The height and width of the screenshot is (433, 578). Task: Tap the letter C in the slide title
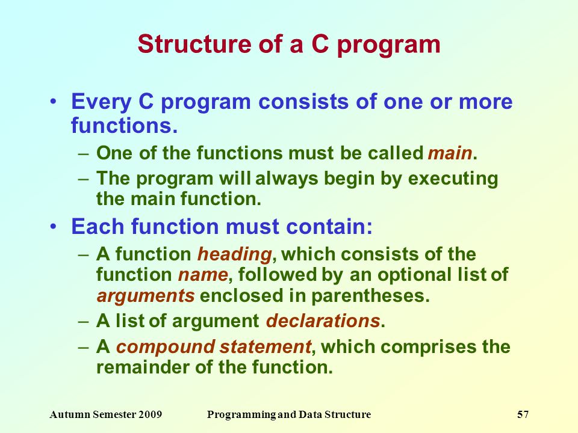(x=320, y=44)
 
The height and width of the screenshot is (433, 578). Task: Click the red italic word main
(x=450, y=153)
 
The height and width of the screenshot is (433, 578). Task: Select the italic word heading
(x=235, y=254)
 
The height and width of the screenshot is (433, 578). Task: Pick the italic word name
(x=203, y=275)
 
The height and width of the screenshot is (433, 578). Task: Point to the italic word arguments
(x=146, y=296)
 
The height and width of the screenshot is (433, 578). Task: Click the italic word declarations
(x=323, y=321)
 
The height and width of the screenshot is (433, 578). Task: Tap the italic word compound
(x=166, y=347)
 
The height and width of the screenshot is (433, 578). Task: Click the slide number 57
(x=523, y=414)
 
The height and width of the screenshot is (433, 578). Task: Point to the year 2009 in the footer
(x=150, y=414)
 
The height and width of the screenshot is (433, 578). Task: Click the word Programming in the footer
(x=241, y=415)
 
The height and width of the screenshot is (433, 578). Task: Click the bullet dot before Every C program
(x=54, y=101)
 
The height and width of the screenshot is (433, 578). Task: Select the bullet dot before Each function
(x=54, y=226)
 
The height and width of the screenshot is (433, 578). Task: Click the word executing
(x=453, y=179)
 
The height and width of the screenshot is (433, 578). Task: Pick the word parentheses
(x=370, y=296)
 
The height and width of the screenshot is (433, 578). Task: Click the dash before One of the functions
(x=84, y=153)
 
